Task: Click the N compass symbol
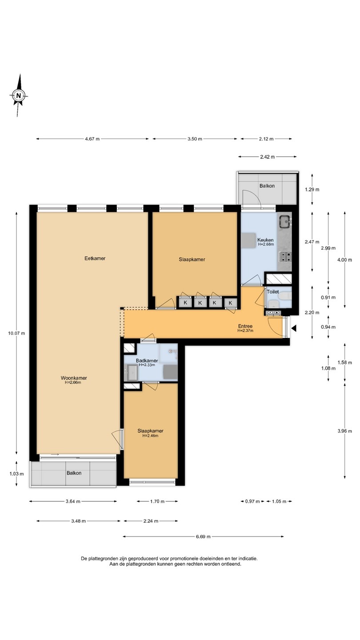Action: click(19, 96)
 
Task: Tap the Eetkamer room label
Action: click(95, 258)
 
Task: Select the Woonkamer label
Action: click(74, 378)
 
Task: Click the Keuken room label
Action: click(265, 240)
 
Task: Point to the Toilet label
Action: click(273, 292)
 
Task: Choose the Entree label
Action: click(245, 326)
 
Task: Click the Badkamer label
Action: click(147, 360)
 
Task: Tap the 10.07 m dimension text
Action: click(16, 333)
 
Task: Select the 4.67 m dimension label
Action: click(92, 139)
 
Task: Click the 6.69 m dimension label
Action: click(203, 536)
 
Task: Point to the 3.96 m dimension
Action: click(344, 431)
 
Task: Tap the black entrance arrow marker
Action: click(294, 328)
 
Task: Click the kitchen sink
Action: click(284, 221)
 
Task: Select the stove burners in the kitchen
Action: click(285, 256)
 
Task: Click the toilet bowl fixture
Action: click(285, 298)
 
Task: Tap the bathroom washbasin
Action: click(132, 372)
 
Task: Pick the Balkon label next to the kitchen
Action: click(267, 186)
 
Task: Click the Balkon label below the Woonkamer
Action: click(74, 473)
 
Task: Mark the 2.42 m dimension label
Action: click(268, 156)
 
